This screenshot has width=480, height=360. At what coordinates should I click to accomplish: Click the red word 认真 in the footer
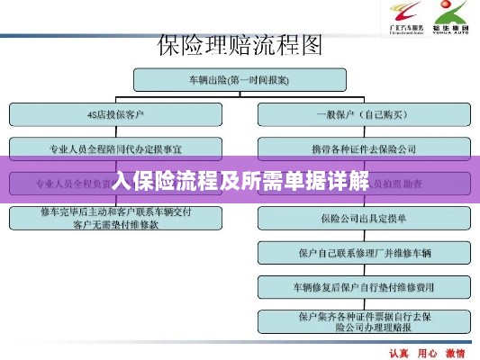(x=398, y=352)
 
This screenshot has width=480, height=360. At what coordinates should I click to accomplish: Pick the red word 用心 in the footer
(x=426, y=352)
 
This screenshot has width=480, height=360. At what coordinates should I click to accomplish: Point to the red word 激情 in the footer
(x=455, y=352)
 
